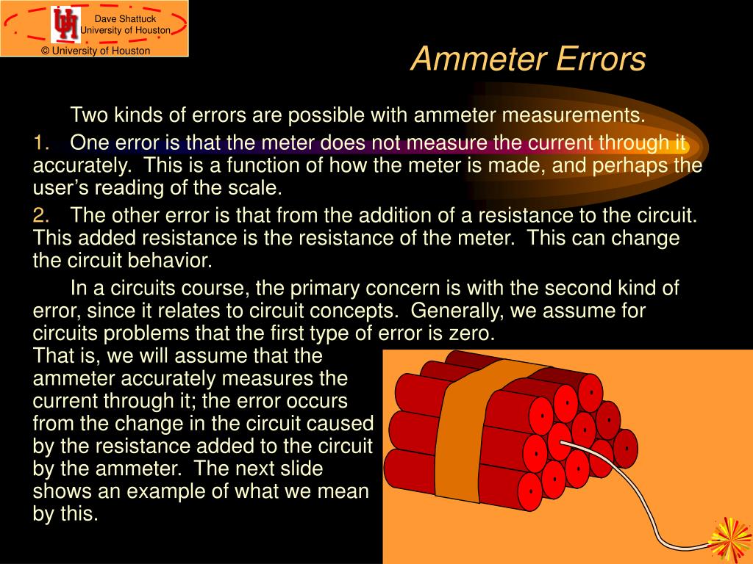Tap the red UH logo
[x=65, y=24]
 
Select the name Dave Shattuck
[x=124, y=18]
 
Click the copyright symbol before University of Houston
[x=45, y=51]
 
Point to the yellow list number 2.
[x=41, y=215]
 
